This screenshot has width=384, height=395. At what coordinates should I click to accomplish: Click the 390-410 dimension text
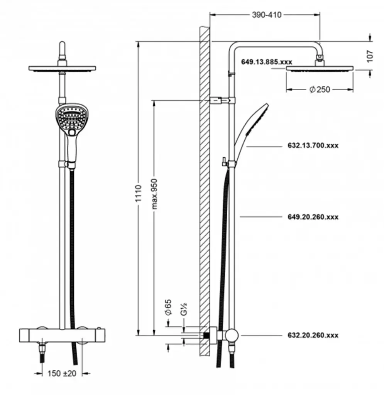[267, 15]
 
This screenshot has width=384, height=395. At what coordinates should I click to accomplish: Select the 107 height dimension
[370, 56]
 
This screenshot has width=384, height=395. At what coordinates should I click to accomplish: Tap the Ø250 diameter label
[320, 89]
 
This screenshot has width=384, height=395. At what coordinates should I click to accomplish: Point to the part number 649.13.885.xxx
[267, 62]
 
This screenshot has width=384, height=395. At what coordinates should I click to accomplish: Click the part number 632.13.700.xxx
[313, 145]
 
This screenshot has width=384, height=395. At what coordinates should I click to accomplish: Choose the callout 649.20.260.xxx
[313, 217]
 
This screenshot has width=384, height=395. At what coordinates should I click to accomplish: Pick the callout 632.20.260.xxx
[313, 335]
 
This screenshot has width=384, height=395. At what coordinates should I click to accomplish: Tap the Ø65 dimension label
[168, 307]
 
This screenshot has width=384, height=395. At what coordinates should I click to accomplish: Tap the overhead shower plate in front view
[62, 69]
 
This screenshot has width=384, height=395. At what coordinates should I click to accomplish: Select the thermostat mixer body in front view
[62, 334]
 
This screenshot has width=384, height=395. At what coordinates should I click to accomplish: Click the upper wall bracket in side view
[221, 100]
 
